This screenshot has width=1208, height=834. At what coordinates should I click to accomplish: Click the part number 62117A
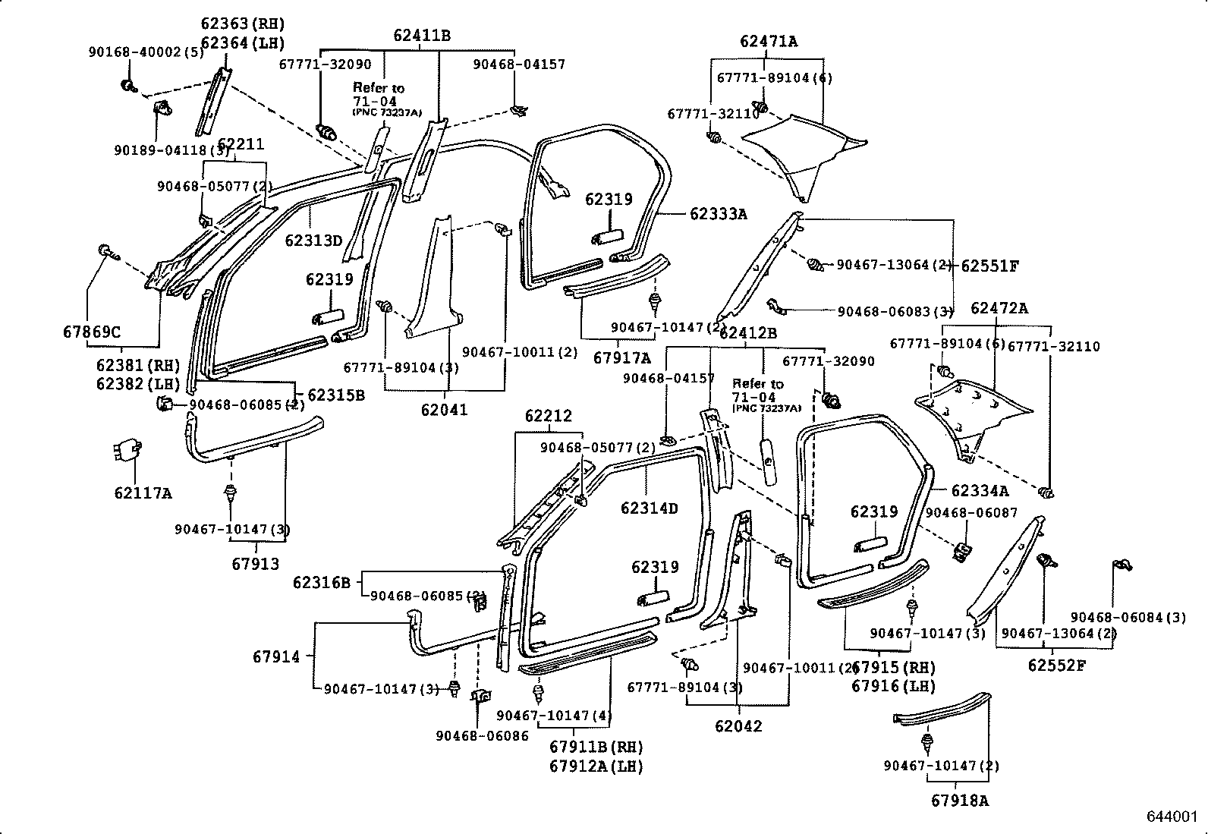click(143, 493)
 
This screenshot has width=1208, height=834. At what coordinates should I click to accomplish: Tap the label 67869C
click(91, 332)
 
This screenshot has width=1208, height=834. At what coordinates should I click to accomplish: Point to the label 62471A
click(769, 42)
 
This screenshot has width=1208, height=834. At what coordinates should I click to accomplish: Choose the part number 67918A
click(960, 800)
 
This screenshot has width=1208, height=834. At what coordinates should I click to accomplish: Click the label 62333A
click(718, 214)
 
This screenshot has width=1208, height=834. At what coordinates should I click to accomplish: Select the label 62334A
click(980, 491)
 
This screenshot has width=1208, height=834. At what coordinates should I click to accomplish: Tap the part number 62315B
click(336, 395)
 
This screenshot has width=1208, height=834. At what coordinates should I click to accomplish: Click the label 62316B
click(322, 582)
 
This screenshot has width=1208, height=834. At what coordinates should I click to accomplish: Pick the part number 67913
click(255, 564)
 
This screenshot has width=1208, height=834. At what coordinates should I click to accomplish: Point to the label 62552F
click(1057, 666)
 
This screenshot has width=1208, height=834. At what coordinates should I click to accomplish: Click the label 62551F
click(989, 266)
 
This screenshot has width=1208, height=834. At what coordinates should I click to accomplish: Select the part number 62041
click(445, 410)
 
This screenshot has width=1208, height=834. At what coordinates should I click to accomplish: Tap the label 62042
click(738, 725)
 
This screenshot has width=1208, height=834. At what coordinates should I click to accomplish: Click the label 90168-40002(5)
click(146, 52)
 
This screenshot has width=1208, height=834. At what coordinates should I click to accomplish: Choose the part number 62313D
click(314, 241)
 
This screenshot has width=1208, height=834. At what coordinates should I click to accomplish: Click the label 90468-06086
click(482, 735)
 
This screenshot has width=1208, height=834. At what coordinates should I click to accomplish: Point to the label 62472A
click(999, 308)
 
